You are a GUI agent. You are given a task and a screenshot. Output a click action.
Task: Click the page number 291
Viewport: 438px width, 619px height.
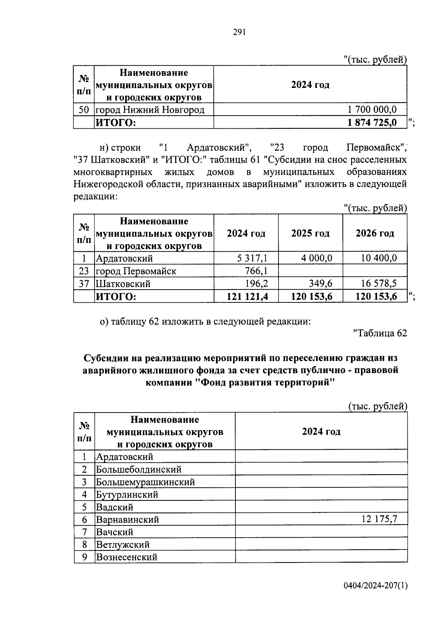coord(239,32)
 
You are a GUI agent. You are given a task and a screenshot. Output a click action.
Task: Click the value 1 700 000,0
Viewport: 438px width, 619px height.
coord(372,109)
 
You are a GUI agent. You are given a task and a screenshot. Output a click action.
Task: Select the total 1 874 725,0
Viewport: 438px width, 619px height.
coord(372,123)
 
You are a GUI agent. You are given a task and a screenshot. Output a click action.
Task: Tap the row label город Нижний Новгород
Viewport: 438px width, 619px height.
coord(150,109)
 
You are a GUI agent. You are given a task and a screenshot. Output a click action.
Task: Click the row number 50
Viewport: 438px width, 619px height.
coord(84,109)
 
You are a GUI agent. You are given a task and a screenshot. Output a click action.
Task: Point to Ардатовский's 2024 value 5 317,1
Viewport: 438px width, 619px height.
coord(252,258)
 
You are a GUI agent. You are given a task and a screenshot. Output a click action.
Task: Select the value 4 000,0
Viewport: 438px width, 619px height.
coord(316,258)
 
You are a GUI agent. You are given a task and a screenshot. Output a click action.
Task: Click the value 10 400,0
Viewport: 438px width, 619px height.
coord(379,258)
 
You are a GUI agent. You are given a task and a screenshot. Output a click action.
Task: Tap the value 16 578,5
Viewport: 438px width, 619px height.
coord(379,283)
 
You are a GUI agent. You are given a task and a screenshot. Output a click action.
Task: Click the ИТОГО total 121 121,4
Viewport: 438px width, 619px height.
coord(247,297)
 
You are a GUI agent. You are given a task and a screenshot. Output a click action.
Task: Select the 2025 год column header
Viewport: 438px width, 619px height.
coord(310,233)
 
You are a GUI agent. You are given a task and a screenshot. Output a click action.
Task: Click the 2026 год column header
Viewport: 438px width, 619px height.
coord(375,233)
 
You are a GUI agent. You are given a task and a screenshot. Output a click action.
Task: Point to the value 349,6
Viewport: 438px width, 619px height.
coord(321,283)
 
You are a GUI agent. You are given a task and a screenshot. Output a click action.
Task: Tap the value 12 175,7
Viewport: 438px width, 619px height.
coord(379,519)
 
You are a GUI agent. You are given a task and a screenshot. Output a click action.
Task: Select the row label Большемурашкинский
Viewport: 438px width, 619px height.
coord(145,482)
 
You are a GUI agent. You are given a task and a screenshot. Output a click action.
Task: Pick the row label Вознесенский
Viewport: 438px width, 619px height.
coord(126,557)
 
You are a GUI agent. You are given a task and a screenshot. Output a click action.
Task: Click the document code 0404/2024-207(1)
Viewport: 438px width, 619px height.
coord(375,586)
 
